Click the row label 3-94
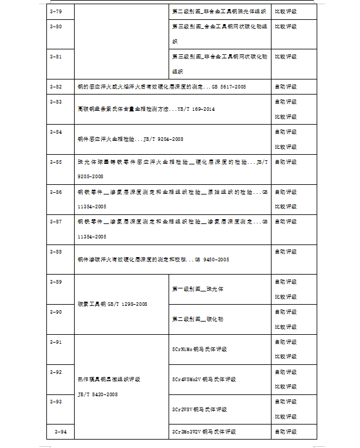[60, 432]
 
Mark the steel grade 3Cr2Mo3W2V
[189, 432]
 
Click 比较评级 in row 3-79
[286, 11]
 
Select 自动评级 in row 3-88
[286, 252]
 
